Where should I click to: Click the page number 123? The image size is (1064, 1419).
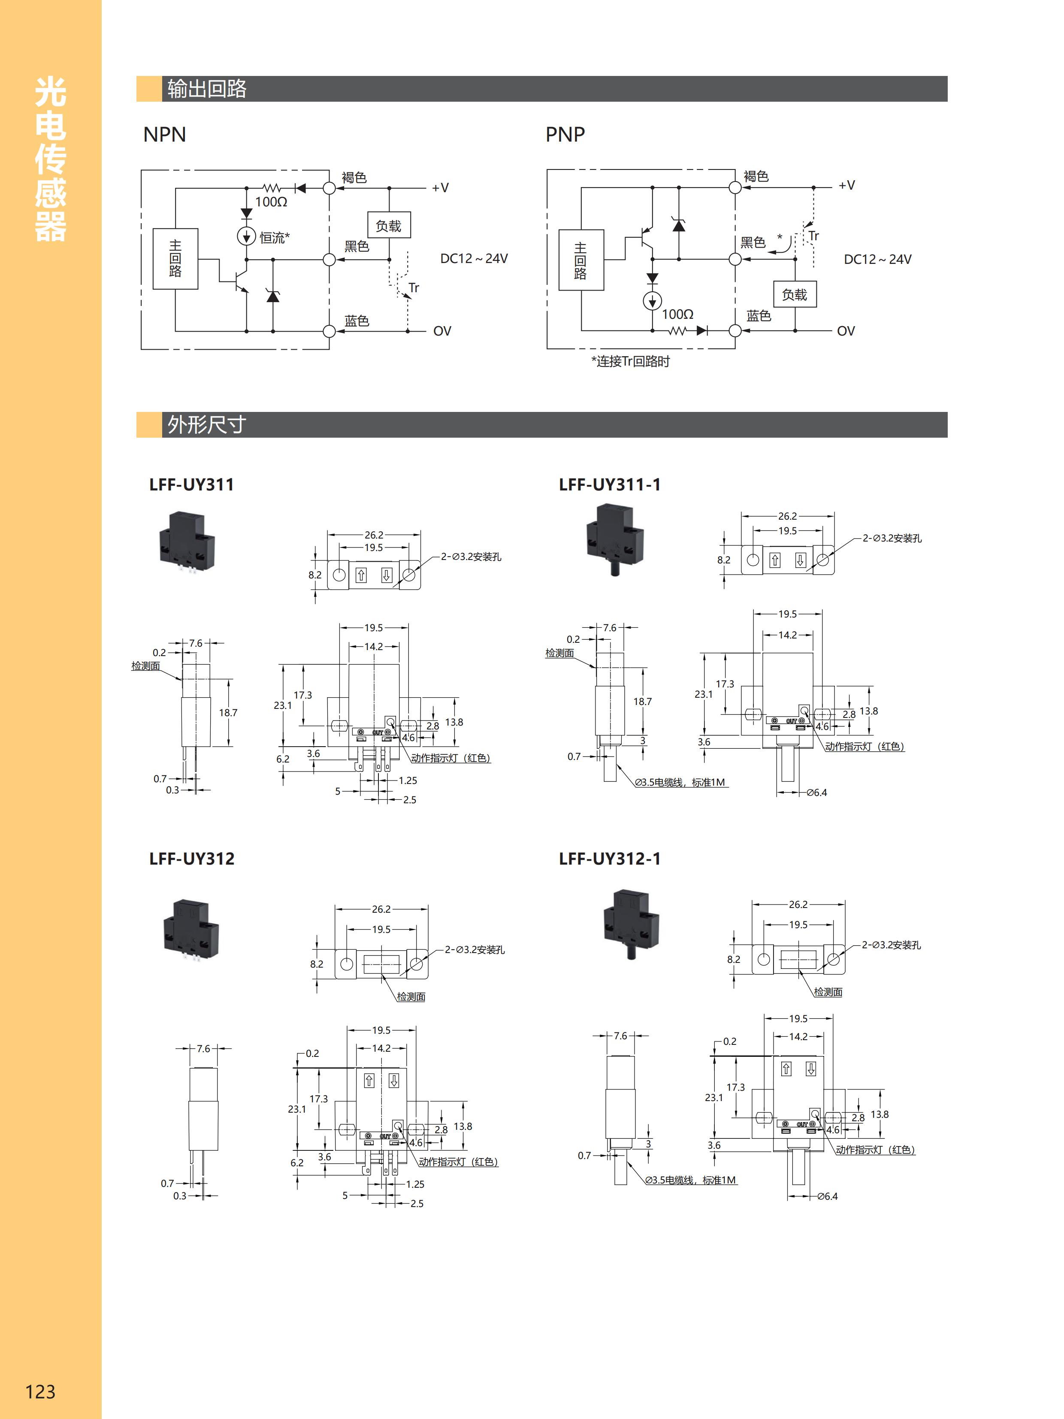point(40,1391)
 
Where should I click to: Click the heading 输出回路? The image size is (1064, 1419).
point(206,88)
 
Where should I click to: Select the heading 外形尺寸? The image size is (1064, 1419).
point(206,425)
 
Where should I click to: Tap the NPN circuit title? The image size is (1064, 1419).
point(165,135)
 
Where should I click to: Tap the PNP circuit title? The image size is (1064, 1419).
point(565,135)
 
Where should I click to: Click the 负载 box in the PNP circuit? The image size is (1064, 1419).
point(795,294)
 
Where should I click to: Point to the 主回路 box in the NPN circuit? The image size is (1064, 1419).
point(175,258)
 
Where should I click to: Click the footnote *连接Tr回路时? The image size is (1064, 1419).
point(630,362)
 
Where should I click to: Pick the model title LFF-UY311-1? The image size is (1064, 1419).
point(609,484)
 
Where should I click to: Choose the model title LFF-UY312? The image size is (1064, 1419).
point(192,858)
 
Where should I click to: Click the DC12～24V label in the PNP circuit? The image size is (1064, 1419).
point(877,259)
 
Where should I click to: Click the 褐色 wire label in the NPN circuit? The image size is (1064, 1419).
point(354,177)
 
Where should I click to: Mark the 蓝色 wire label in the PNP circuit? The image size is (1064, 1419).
point(759,316)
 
